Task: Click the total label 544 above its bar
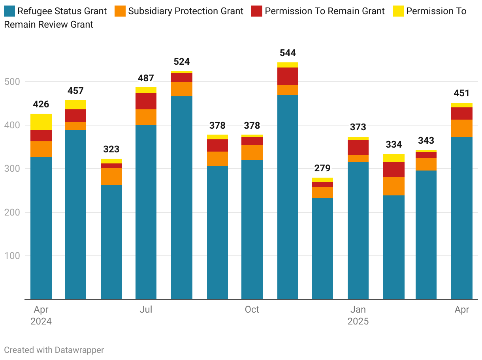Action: pyautogui.click(x=288, y=53)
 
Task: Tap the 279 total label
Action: pyautogui.click(x=322, y=168)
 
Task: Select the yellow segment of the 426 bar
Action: pyautogui.click(x=41, y=122)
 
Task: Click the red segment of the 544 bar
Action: pyautogui.click(x=288, y=76)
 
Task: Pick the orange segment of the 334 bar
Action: pyautogui.click(x=394, y=186)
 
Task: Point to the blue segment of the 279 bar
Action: pyautogui.click(x=322, y=248)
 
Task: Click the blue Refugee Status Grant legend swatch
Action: pyautogui.click(x=9, y=11)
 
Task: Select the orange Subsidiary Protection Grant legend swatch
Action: pyautogui.click(x=120, y=11)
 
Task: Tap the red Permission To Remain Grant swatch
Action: pyautogui.click(x=257, y=11)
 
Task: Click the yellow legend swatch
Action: pyautogui.click(x=398, y=11)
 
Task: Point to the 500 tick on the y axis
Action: pyautogui.click(x=12, y=82)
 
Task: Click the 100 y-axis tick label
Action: pyautogui.click(x=12, y=256)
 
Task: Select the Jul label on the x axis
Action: pyautogui.click(x=146, y=309)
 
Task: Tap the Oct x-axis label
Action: pyautogui.click(x=252, y=309)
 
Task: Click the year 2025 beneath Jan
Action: pyautogui.click(x=358, y=321)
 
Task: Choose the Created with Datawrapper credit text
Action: pyautogui.click(x=54, y=350)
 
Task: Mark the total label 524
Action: pyautogui.click(x=182, y=62)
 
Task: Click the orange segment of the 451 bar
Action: pyautogui.click(x=462, y=128)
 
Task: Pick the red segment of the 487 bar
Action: pyautogui.click(x=146, y=101)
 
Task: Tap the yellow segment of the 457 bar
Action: pyautogui.click(x=75, y=105)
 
